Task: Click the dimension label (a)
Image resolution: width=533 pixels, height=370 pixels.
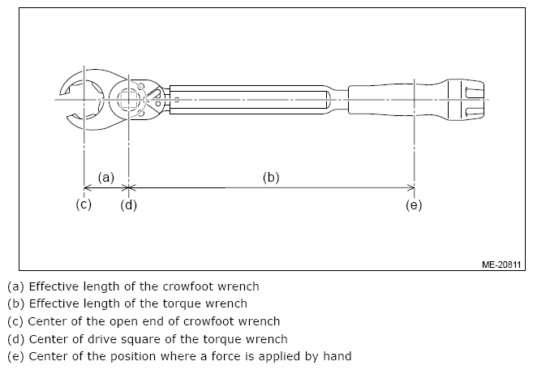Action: click(x=106, y=177)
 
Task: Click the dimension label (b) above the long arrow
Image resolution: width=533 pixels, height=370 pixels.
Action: click(x=271, y=177)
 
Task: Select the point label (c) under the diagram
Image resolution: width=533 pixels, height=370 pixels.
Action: click(x=84, y=204)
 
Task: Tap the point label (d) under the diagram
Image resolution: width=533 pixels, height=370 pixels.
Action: click(x=128, y=204)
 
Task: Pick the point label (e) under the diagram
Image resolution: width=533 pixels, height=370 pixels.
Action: click(x=414, y=204)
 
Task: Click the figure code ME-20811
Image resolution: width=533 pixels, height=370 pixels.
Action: click(x=500, y=264)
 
